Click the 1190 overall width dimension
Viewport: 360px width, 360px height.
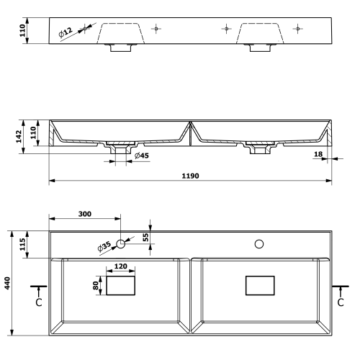pos(189,176)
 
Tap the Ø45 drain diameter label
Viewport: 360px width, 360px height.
pos(141,156)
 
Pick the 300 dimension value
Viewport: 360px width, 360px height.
pos(86,215)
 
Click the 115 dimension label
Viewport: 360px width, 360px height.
pos(22,244)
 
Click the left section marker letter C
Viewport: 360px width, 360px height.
pos(38,302)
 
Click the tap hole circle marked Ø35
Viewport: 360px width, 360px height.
pos(121,244)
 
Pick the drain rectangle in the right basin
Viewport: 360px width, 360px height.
pos(260,286)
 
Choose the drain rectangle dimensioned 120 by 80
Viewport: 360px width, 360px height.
pos(120,286)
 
